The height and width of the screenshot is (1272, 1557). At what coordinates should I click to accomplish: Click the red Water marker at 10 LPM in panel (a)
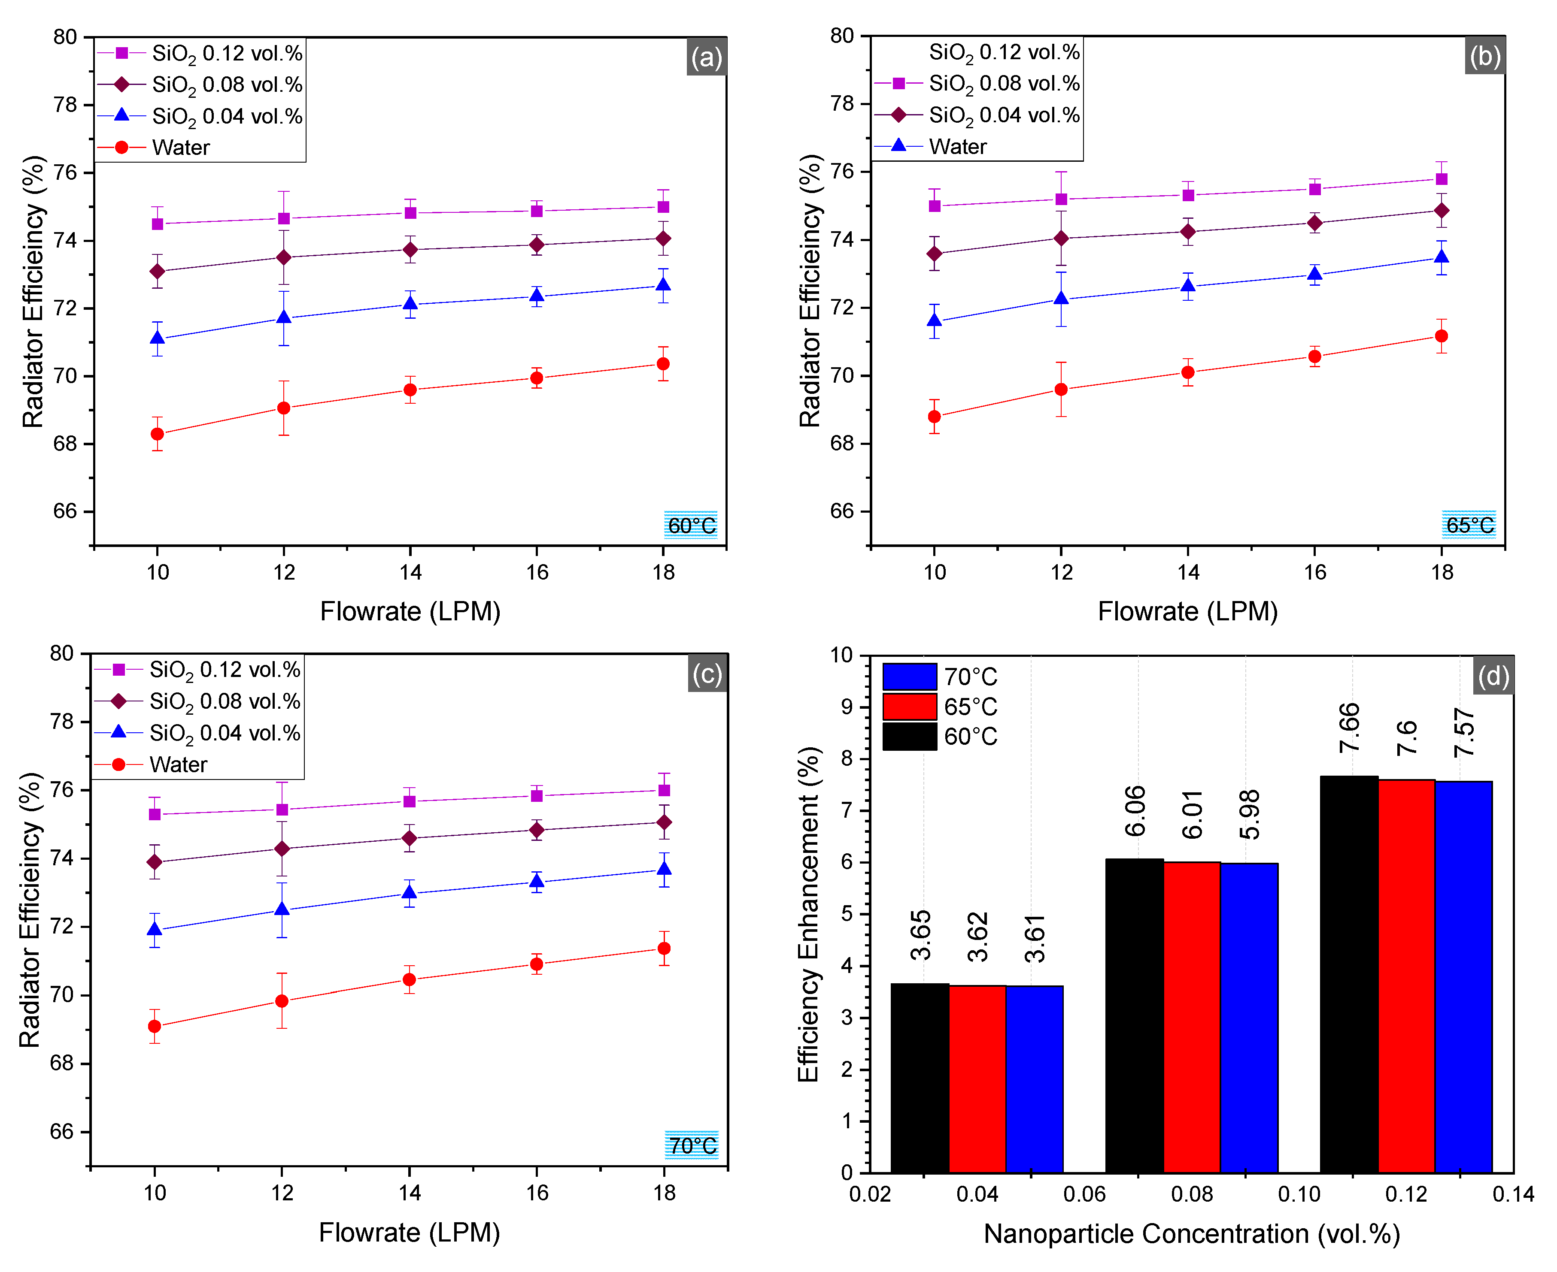click(157, 434)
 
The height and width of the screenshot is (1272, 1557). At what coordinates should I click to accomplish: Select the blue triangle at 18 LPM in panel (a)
click(663, 284)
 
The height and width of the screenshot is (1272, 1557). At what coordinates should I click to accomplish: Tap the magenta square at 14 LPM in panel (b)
click(1188, 195)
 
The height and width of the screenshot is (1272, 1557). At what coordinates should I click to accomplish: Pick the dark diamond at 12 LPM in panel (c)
click(282, 849)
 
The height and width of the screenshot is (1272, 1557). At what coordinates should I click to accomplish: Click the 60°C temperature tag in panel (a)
click(691, 525)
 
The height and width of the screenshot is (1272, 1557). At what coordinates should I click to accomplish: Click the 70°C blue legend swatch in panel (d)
click(909, 676)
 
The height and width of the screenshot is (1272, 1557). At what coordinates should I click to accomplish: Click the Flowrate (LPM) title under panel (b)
click(1187, 611)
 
